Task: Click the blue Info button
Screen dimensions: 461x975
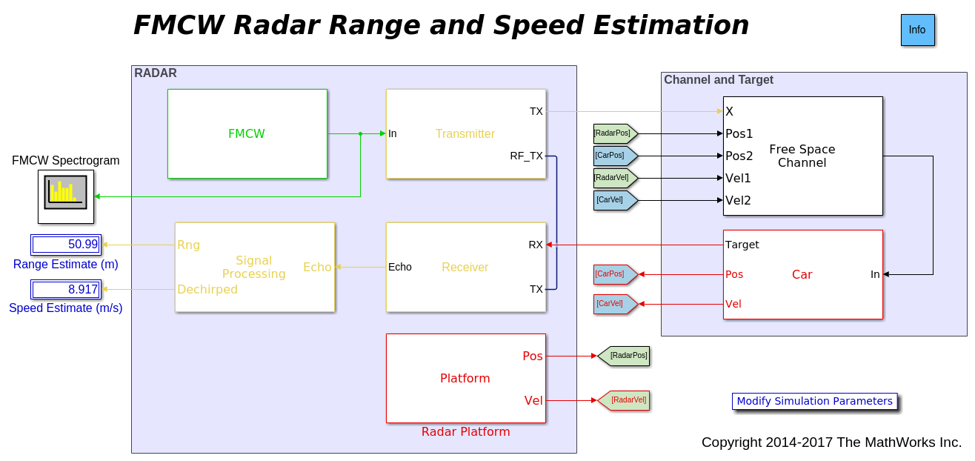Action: point(917,30)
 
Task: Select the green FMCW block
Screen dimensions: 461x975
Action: point(247,133)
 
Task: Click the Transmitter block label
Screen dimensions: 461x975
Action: point(465,133)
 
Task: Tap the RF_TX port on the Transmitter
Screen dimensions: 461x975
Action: point(526,156)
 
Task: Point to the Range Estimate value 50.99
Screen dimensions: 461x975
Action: point(66,245)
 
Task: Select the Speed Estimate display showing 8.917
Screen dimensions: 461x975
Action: point(66,289)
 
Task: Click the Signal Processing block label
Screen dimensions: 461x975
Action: point(253,267)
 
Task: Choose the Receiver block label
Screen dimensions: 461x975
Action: point(465,267)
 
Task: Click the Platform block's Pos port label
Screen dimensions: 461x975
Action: point(533,356)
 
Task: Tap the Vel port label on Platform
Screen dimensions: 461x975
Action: point(533,400)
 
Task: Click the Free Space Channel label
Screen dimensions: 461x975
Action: point(802,156)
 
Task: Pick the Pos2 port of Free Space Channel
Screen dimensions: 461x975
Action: point(739,156)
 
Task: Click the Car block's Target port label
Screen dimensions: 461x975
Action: point(742,245)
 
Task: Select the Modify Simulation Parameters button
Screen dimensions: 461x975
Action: point(814,401)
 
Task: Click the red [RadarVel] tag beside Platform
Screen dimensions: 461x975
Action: point(627,400)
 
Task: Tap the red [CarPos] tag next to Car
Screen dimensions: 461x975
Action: point(611,274)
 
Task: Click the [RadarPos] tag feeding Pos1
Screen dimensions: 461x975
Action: point(613,133)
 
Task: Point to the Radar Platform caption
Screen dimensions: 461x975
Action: point(465,432)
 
